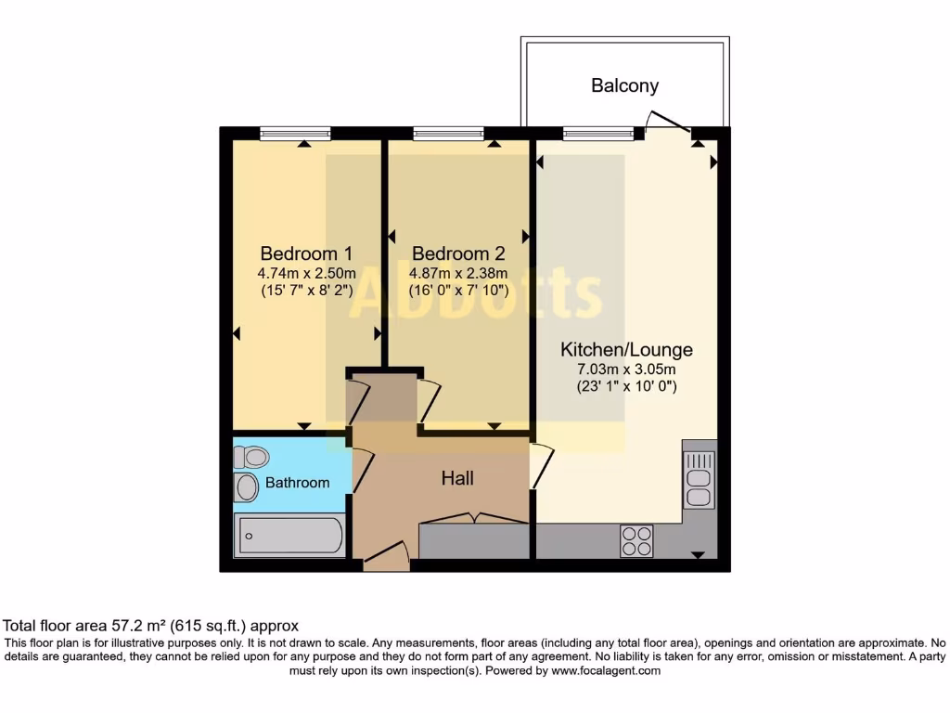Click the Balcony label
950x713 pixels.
(624, 85)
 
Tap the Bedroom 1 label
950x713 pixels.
(306, 253)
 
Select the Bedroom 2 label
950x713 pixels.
(458, 253)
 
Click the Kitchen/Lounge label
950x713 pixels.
(626, 350)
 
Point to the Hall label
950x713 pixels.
(457, 478)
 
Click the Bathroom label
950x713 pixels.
(297, 483)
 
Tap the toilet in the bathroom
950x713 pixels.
(250, 456)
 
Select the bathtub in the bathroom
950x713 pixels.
(289, 536)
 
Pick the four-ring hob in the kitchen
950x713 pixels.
(636, 540)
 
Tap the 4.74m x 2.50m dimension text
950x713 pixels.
(306, 274)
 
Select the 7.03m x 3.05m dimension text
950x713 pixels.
(626, 369)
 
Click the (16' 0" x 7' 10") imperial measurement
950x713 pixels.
(458, 290)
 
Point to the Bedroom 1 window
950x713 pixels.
(295, 134)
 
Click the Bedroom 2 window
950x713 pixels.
(449, 134)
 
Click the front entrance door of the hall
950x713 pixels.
(385, 557)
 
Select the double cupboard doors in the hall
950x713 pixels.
(474, 518)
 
